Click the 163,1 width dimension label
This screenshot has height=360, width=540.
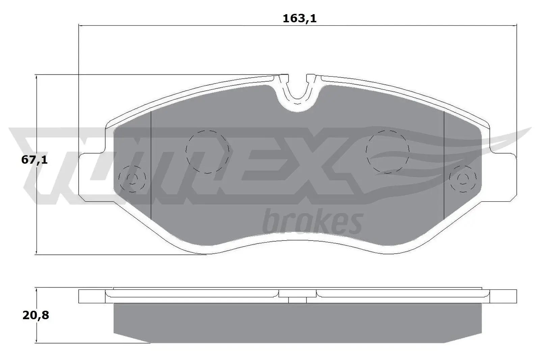pos(299,18)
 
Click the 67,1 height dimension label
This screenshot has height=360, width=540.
pos(34,160)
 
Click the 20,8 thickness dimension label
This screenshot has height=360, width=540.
pos(36,315)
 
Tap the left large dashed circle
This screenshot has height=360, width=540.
pos(207,152)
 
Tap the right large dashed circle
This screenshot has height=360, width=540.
pos(387,152)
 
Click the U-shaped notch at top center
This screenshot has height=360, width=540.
pos(297,91)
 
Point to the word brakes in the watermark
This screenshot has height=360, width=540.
pos(312,221)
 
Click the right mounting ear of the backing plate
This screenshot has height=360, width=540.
pos(503,177)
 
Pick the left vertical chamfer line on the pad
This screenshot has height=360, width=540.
pos(151,165)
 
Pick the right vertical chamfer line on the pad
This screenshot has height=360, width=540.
pos(443,165)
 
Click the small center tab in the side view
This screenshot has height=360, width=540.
pos(297,300)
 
